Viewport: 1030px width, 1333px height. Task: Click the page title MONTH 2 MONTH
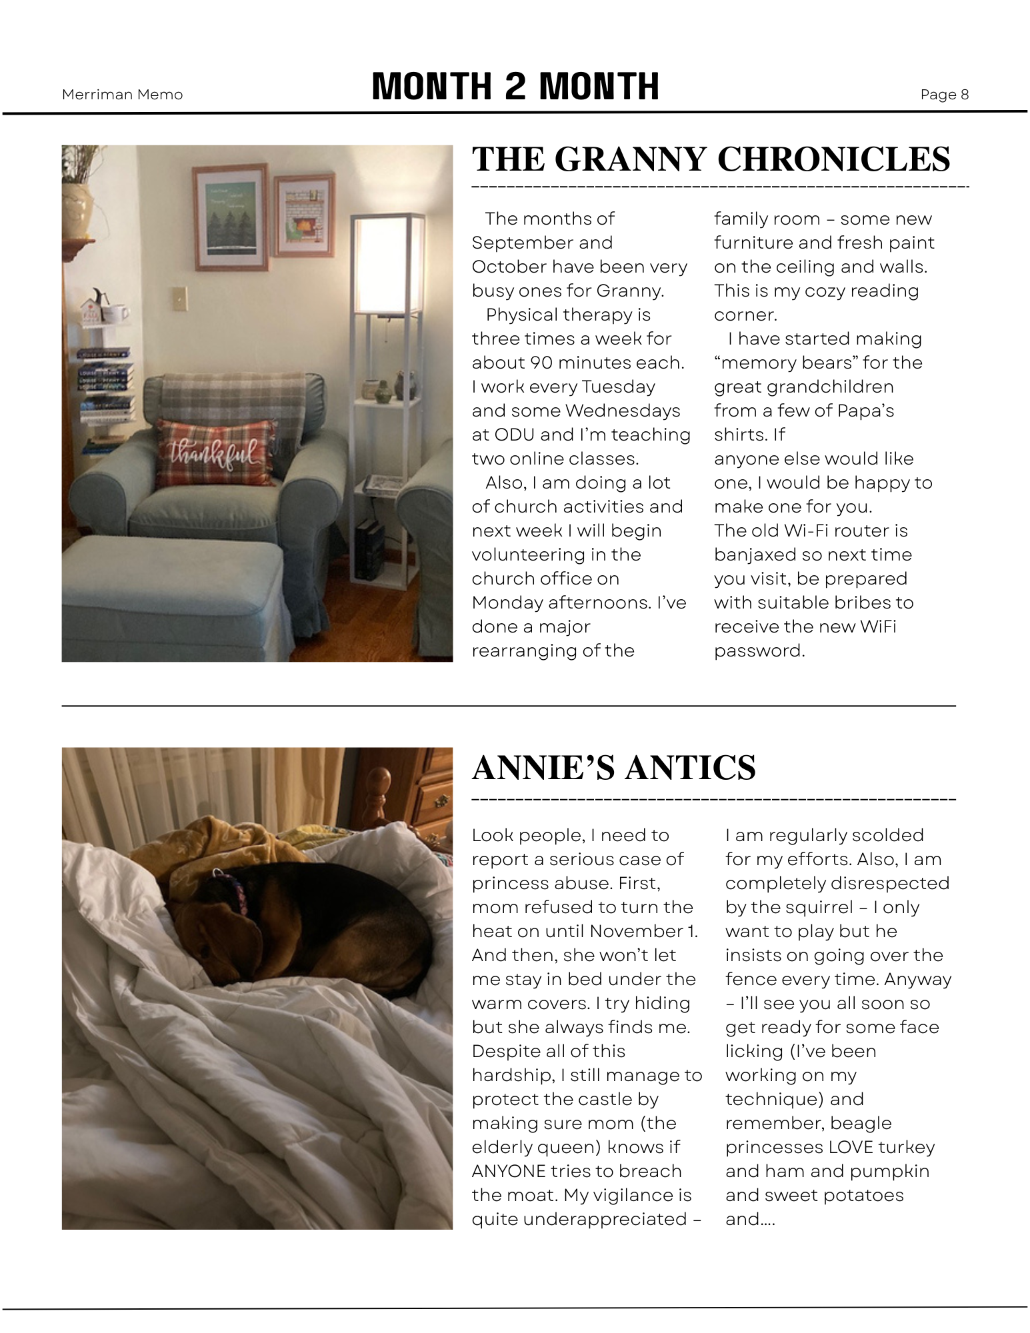coord(515,87)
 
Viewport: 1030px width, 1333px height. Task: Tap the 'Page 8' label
coord(944,95)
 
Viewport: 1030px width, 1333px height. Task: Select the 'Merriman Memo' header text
coord(122,95)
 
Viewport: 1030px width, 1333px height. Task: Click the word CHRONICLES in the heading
coord(833,160)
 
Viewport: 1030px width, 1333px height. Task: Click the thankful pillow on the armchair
coord(215,453)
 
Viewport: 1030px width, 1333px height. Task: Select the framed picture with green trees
coord(231,217)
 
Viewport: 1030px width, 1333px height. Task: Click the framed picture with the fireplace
coord(304,215)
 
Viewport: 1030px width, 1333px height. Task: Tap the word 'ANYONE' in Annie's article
coord(508,1171)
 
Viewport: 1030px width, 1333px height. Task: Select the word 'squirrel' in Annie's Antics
coord(822,907)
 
